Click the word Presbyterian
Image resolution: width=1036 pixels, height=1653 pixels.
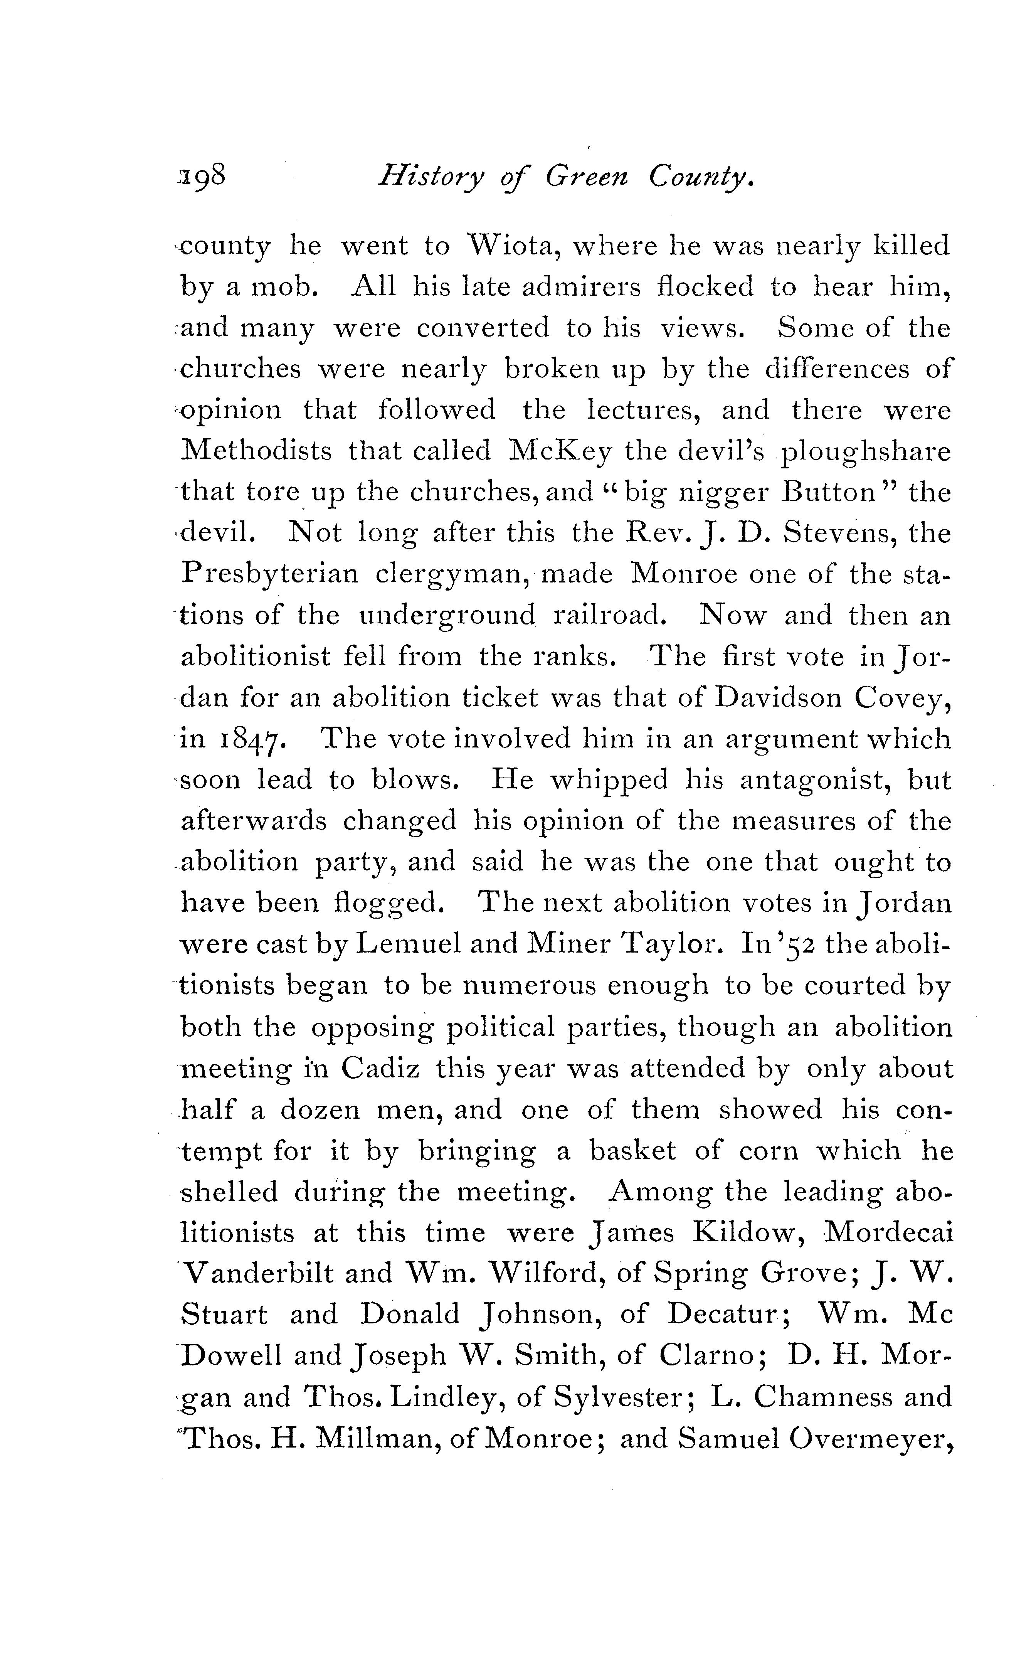[270, 574]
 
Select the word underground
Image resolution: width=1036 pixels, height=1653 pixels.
[447, 615]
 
